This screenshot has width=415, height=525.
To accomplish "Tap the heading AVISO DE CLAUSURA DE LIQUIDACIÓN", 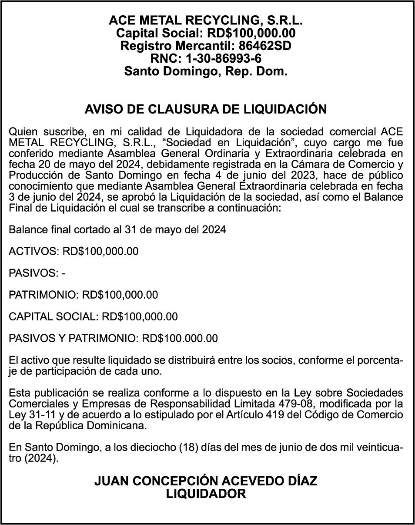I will point(206,109).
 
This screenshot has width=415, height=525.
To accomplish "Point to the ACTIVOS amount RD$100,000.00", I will point(100,251).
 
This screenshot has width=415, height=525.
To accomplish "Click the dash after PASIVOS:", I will point(64,273).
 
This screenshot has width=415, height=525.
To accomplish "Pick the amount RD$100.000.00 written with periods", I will point(180,338).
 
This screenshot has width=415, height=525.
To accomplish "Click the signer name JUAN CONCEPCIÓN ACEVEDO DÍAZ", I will point(206,481).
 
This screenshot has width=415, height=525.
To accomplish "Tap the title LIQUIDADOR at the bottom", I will point(206,494).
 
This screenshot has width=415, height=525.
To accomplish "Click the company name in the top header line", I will point(206,20).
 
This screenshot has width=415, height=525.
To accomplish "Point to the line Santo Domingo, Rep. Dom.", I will point(206,71).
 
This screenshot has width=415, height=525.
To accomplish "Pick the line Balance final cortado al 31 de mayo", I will point(117,229).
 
